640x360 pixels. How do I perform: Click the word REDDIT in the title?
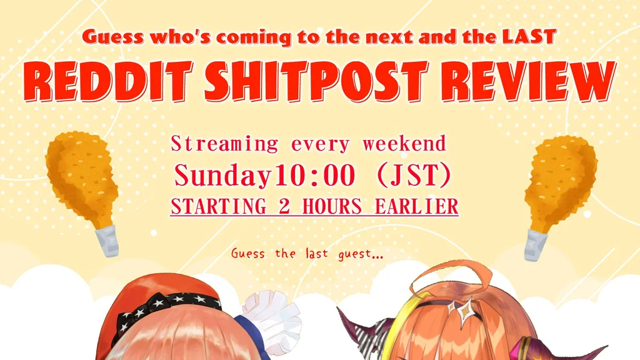tap(108, 82)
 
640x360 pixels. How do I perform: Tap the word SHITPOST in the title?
tap(317, 82)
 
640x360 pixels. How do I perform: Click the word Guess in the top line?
tap(113, 37)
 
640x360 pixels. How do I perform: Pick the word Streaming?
tap(224, 144)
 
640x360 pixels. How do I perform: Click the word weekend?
tap(404, 144)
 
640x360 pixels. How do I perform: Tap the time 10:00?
tap(314, 176)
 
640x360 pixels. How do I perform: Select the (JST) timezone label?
tap(414, 176)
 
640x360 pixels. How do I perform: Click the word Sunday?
tap(223, 176)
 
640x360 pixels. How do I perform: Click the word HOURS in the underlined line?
tap(332, 206)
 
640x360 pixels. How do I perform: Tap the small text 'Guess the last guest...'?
tap(307, 254)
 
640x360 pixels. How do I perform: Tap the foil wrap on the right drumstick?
tap(536, 246)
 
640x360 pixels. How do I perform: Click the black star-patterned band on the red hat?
tap(167, 310)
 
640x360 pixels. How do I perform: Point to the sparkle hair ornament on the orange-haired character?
tap(462, 310)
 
